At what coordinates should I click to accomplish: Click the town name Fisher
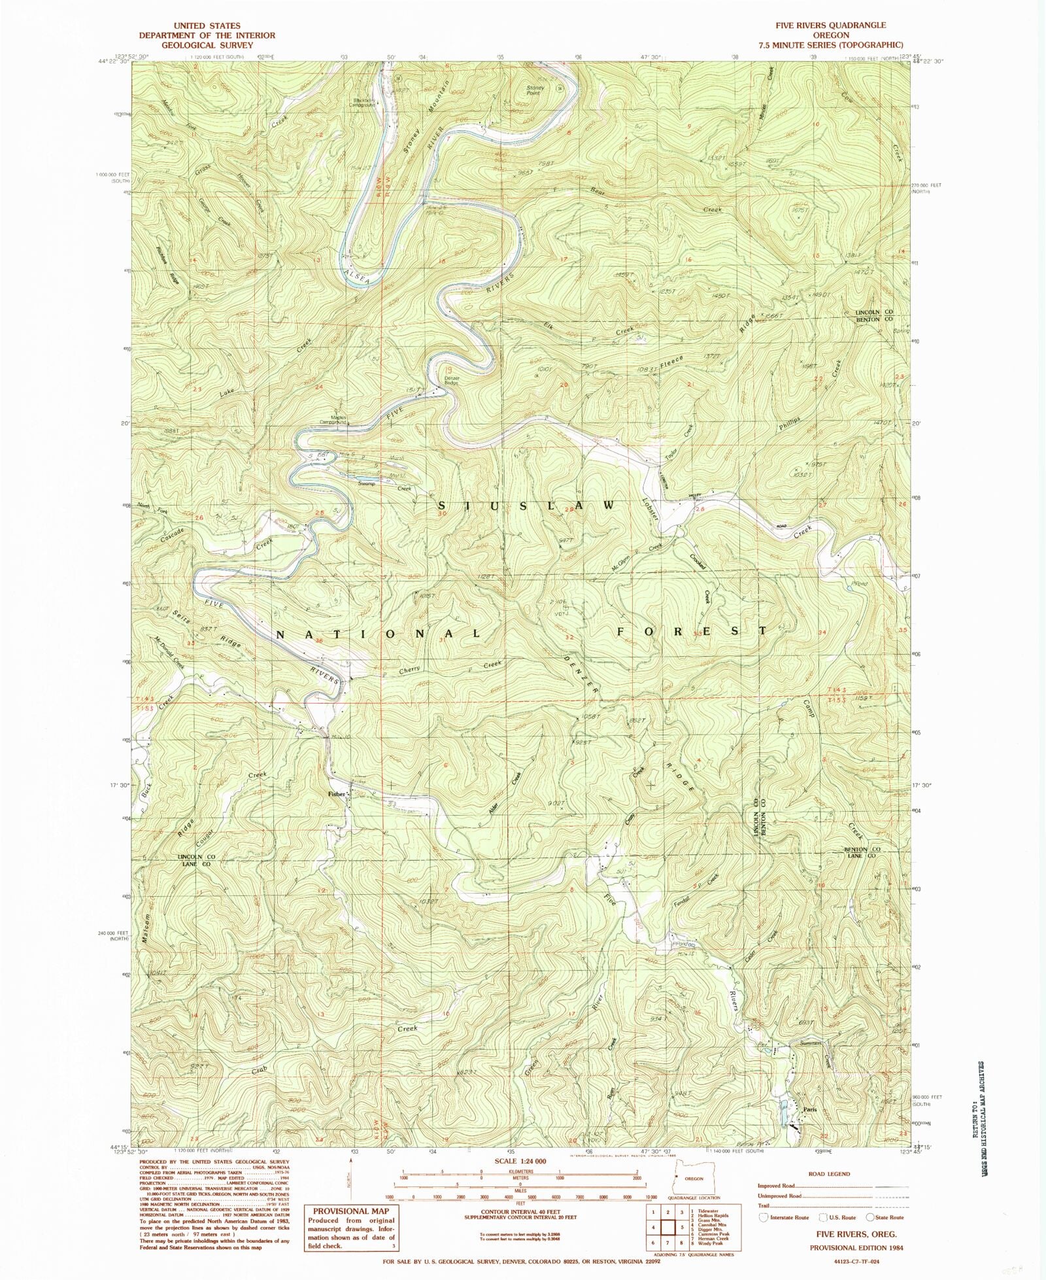pyautogui.click(x=336, y=794)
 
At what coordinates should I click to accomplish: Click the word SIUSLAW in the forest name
pyautogui.click(x=526, y=506)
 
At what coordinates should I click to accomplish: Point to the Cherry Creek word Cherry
pyautogui.click(x=409, y=670)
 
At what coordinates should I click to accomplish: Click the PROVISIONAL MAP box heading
pyautogui.click(x=351, y=1211)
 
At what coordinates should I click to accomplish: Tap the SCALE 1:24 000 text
pyautogui.click(x=520, y=1162)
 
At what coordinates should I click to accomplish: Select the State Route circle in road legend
pyautogui.click(x=870, y=1217)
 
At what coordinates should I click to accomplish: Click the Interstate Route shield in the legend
pyautogui.click(x=763, y=1217)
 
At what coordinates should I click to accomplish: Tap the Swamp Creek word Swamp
pyautogui.click(x=367, y=483)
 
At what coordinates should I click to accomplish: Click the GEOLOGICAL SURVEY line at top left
pyautogui.click(x=207, y=45)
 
